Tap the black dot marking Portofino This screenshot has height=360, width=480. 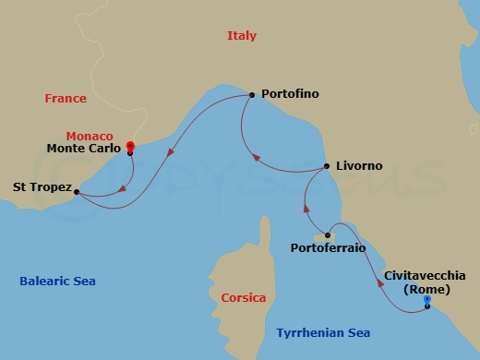pyautogui.click(x=252, y=94)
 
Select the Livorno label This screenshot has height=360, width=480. pyautogui.click(x=360, y=167)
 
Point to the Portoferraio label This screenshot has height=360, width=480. pyautogui.click(x=328, y=248)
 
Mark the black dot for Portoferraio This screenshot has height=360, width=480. pyautogui.click(x=328, y=236)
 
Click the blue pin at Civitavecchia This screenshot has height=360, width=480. pyautogui.click(x=426, y=301)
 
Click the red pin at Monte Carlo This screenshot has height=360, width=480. pyautogui.click(x=130, y=146)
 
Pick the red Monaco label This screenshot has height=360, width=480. pyautogui.click(x=94, y=135)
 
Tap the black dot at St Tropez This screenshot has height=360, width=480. pyautogui.click(x=76, y=192)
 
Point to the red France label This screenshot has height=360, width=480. pyautogui.click(x=65, y=99)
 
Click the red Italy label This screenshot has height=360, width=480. pyautogui.click(x=242, y=36)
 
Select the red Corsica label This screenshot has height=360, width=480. pyautogui.click(x=244, y=298)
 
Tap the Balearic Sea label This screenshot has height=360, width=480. pyautogui.click(x=58, y=282)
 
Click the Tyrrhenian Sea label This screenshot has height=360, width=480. pyautogui.click(x=323, y=331)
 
